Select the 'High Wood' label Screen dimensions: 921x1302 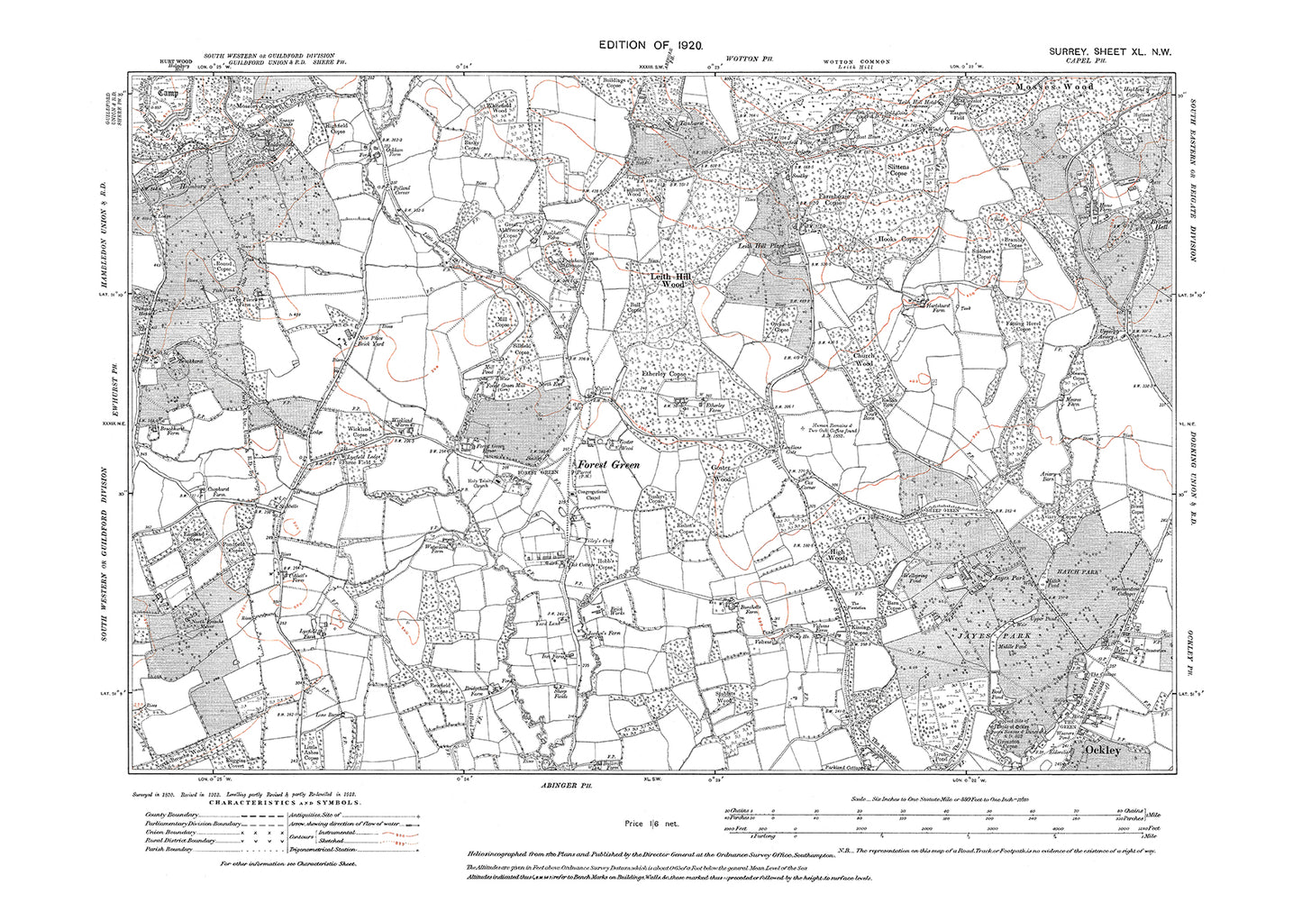tap(837, 558)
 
